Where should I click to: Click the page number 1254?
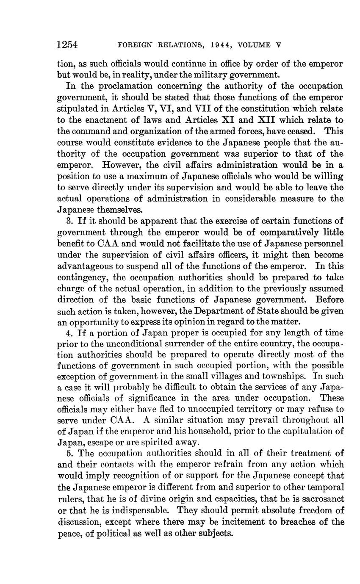pos(69,44)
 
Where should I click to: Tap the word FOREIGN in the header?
pos(134,45)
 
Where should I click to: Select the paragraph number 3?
pos(69,221)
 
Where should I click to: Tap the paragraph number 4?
pos(69,332)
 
